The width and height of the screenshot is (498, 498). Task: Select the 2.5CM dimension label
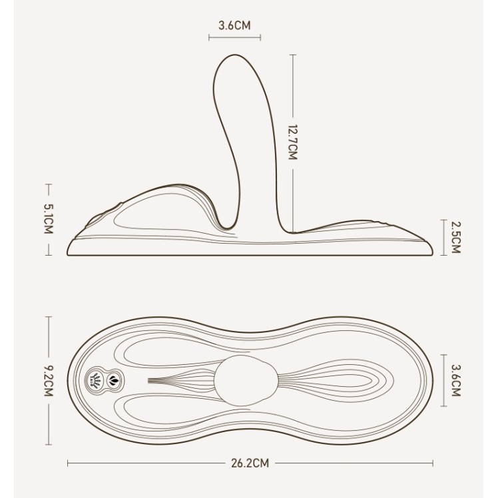456,238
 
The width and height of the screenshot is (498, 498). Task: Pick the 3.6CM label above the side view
234,26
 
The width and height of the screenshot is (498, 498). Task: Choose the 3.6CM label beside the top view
456,380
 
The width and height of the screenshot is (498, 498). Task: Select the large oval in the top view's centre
246,379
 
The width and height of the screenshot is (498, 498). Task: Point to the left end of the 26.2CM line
69,463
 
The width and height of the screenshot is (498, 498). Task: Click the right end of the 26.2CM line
433,463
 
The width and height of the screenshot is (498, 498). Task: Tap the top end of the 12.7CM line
293,55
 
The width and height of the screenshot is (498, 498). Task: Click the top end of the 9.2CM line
48,317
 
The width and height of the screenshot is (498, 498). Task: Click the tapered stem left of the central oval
180,381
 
